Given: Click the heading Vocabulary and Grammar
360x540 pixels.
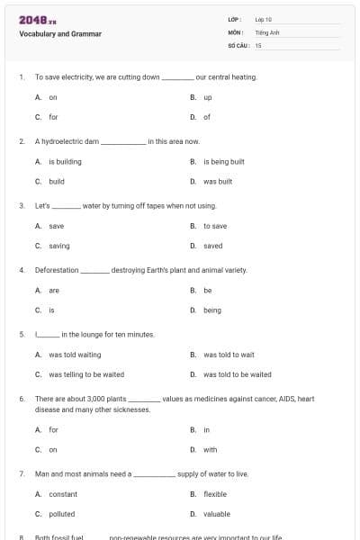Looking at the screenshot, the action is tap(60, 34).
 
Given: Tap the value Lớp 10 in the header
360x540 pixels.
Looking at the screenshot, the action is tap(263, 19).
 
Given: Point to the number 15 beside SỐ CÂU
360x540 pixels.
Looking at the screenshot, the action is tap(258, 45).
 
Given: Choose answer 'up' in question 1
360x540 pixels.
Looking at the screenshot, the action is tap(208, 97).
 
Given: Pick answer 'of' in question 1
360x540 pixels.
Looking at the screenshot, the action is tap(207, 117).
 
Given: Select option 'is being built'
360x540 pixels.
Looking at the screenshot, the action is tap(224, 162).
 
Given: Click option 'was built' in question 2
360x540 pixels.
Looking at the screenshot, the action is tap(218, 181).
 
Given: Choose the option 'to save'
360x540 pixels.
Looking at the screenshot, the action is tap(215, 226).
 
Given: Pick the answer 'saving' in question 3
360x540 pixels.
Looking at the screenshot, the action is tap(59, 246).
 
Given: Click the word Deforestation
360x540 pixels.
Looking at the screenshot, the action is tap(57, 270).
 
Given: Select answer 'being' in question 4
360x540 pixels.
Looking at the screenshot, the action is tap(212, 310).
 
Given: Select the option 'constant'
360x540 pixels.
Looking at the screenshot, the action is tap(63, 494).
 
